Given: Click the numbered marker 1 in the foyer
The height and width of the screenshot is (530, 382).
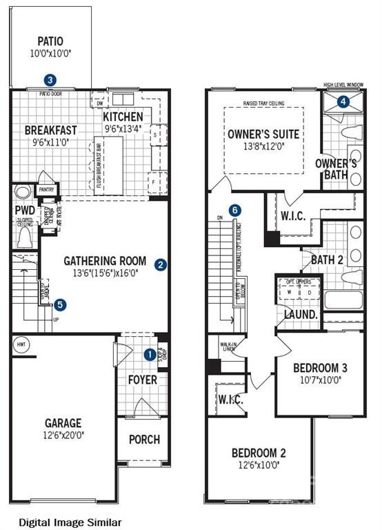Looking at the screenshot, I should click(149, 355).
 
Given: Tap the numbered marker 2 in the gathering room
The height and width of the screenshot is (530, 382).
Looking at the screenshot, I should click(160, 264).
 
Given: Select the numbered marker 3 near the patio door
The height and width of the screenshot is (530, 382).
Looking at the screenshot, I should click(50, 80).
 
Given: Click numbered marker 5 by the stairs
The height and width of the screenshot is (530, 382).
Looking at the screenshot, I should click(61, 304).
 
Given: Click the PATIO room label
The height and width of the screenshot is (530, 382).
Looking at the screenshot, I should click(50, 41).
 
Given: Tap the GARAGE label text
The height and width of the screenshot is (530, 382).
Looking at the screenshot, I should click(63, 423).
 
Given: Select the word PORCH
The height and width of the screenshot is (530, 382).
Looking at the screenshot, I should click(144, 439).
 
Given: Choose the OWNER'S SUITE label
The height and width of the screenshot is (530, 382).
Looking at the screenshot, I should click(263, 134).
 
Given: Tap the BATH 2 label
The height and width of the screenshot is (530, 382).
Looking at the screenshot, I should click(326, 259).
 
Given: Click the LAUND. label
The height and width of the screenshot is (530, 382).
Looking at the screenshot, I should click(301, 314).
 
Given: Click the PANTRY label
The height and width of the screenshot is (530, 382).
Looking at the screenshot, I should click(46, 190).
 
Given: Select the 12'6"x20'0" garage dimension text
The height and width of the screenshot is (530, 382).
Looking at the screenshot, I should click(63, 435).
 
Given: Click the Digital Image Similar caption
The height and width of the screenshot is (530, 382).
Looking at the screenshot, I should click(70, 522).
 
